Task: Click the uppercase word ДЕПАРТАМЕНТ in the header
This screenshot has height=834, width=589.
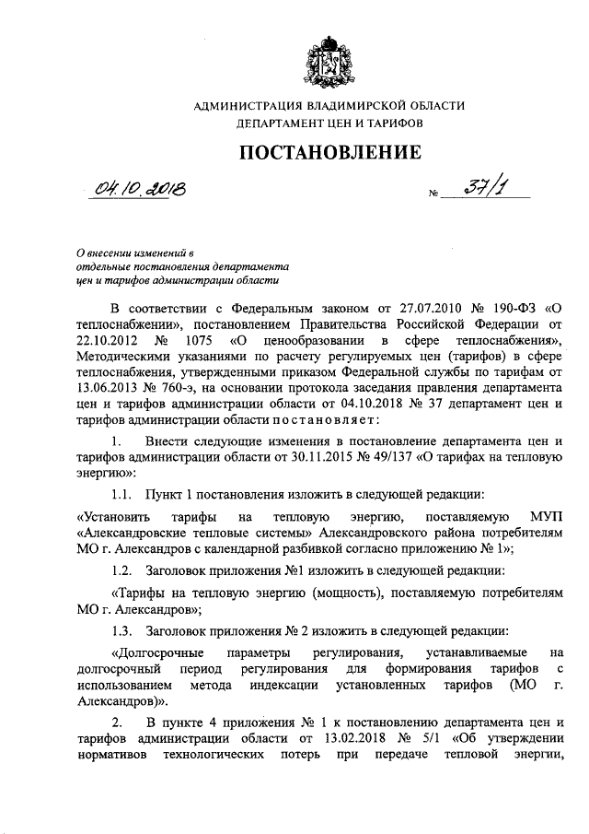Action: pyautogui.click(x=277, y=122)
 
